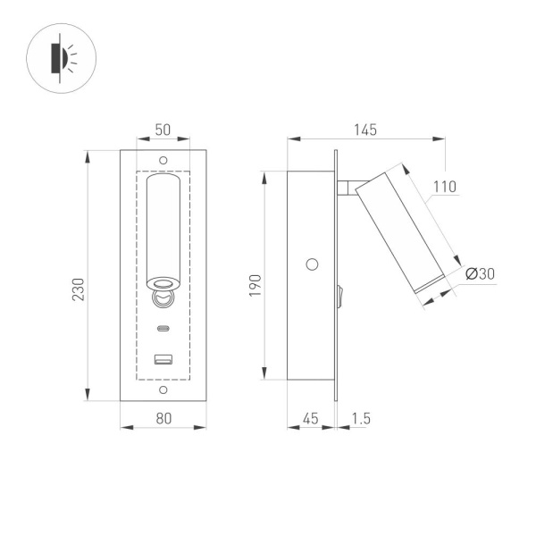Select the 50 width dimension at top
pos(163,130)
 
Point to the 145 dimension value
pos(364,130)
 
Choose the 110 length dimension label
pos(444,187)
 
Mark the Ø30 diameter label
pos(480,274)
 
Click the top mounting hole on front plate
pos(163,160)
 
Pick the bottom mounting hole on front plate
pos(163,390)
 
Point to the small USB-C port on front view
pos(163,328)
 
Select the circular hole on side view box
pos(312,264)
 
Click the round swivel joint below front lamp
pos(163,296)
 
